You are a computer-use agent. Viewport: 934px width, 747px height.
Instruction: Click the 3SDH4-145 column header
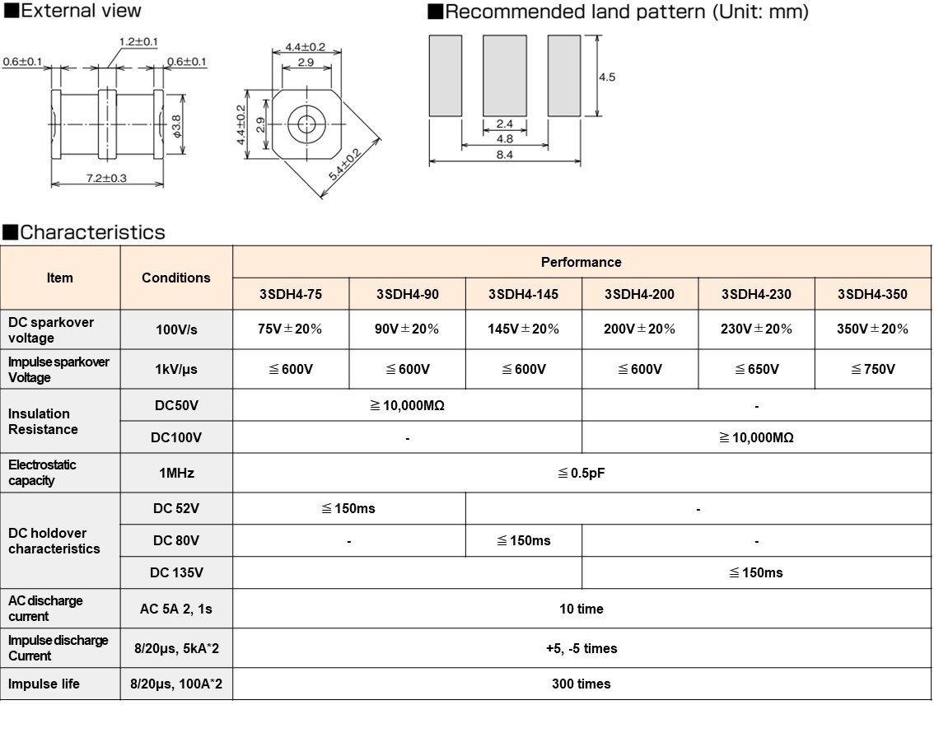[523, 294]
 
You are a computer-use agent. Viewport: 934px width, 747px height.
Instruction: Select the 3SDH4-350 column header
[872, 294]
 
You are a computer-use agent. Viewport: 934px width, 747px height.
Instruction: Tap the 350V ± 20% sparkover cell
[872, 329]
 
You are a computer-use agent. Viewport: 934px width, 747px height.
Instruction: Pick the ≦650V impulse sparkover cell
[756, 369]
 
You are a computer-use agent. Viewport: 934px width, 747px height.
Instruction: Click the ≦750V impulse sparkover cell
[872, 369]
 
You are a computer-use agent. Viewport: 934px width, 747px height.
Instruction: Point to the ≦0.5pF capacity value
[581, 473]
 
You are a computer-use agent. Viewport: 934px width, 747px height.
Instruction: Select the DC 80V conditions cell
[175, 540]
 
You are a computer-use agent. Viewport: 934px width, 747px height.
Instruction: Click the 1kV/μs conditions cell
[175, 369]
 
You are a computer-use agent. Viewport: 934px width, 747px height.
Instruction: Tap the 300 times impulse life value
[581, 684]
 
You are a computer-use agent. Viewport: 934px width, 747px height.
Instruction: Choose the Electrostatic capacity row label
[43, 473]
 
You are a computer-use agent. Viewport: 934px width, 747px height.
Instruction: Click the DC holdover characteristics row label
[54, 541]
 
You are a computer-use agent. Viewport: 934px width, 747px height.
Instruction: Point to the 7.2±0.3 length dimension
[106, 178]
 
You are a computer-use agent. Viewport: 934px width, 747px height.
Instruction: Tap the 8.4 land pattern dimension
[505, 153]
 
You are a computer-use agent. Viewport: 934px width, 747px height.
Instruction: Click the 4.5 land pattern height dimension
[607, 77]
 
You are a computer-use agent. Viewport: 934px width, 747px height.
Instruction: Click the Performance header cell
[581, 262]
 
